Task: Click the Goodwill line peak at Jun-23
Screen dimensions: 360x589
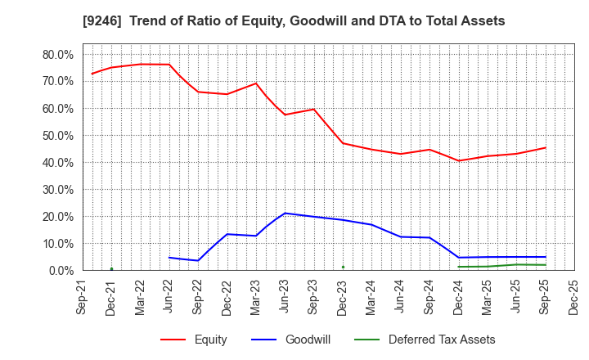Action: [285, 214]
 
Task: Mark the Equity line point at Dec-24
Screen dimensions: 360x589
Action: [458, 160]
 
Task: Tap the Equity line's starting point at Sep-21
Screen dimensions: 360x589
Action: [92, 74]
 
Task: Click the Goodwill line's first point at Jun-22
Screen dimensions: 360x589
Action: [169, 258]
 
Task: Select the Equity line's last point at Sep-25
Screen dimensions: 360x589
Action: [545, 148]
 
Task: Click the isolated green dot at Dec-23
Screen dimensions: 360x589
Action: [343, 267]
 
